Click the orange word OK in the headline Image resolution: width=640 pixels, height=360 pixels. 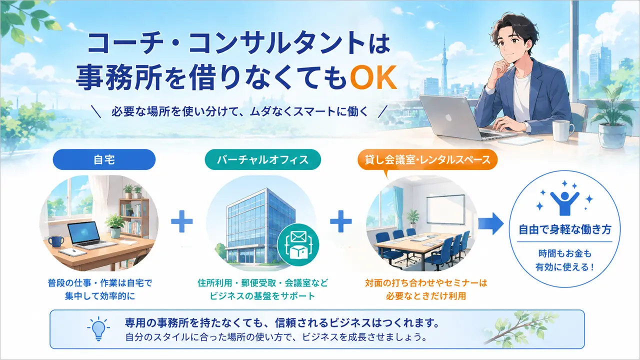[373, 77]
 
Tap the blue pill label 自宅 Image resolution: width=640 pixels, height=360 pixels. [104, 159]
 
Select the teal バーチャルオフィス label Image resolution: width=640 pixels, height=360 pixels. [262, 159]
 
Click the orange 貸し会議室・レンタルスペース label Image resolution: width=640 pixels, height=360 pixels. [427, 159]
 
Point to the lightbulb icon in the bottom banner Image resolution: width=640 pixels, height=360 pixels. [98, 328]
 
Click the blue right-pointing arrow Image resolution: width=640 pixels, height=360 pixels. [491, 223]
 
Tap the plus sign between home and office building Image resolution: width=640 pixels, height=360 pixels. [182, 221]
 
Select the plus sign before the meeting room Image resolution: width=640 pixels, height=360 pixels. [341, 221]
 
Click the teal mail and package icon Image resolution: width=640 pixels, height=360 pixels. [298, 245]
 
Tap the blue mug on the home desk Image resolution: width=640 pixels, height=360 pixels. [56, 241]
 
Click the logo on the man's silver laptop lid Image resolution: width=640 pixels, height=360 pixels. [448, 117]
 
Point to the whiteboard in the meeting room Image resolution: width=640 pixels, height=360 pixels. [445, 209]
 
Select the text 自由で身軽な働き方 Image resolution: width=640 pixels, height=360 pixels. [565, 229]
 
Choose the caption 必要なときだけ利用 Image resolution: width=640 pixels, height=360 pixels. [426, 296]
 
